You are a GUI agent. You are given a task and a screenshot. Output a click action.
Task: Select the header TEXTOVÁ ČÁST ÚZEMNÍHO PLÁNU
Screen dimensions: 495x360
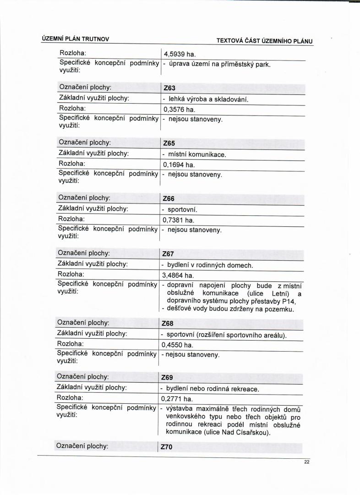point(265,41)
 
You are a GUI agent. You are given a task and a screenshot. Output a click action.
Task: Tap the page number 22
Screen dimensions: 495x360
point(307,462)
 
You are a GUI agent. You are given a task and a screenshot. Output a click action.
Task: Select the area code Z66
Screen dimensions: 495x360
point(169,199)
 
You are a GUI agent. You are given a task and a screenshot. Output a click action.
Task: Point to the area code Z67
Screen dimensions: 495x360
point(168,254)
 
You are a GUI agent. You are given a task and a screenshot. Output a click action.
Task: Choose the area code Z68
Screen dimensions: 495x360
point(168,324)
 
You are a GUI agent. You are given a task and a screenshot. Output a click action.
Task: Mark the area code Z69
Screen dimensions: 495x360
point(167,378)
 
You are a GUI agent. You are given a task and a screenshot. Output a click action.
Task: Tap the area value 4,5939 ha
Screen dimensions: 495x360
point(180,54)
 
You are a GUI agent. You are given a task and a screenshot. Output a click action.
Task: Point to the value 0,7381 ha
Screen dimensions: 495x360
point(179,220)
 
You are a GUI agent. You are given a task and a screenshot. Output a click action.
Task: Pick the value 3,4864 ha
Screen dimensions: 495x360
point(178,276)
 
